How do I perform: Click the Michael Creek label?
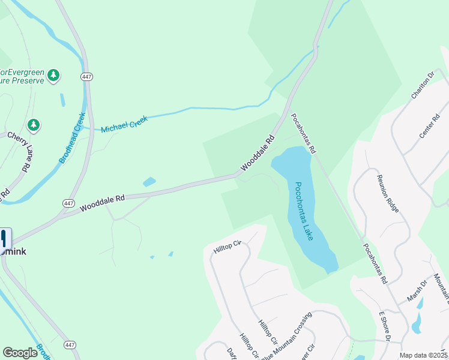pos(124,125)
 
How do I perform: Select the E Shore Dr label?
pos(385,326)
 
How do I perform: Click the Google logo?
pos(20,352)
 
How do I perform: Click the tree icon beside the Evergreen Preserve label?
pos(54,74)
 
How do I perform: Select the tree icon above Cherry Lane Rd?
pos(34,125)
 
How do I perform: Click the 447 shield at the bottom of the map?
pos(70,345)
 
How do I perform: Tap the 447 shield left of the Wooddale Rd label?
pos(69,203)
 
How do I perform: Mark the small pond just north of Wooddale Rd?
pos(149,181)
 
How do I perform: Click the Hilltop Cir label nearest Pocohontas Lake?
pos(226,246)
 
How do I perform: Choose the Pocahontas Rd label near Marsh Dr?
pos(374,264)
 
